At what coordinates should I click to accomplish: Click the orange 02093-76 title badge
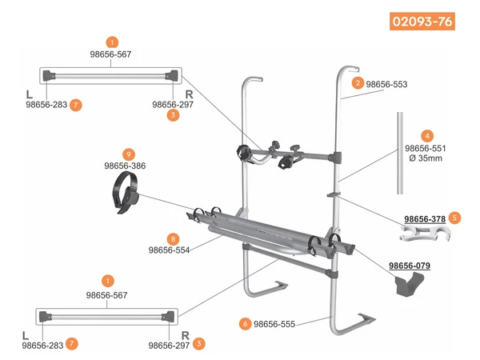[422, 22]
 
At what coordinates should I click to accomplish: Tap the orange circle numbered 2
[358, 82]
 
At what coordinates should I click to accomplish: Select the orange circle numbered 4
[427, 136]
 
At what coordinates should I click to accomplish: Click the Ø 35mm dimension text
[424, 158]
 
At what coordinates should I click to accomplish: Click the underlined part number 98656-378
[425, 218]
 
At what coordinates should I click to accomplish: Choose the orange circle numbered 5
[455, 217]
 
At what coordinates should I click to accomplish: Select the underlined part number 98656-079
[410, 265]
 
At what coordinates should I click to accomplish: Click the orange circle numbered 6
[244, 324]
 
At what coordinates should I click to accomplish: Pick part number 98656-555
[275, 324]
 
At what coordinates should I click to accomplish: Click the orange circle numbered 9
[129, 154]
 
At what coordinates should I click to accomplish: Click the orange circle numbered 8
[171, 238]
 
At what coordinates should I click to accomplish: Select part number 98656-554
[170, 250]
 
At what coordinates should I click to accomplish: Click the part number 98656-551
[424, 148]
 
